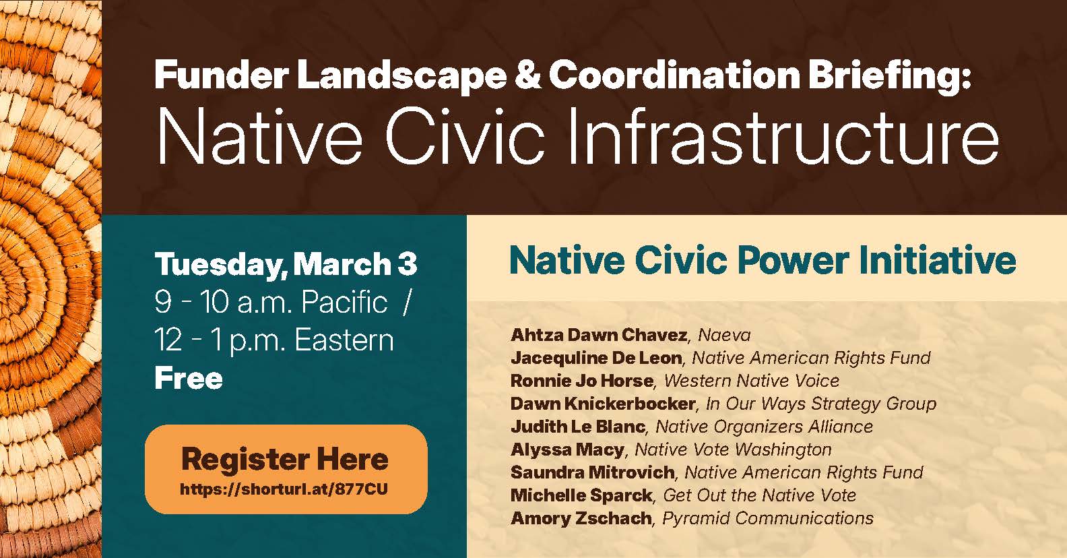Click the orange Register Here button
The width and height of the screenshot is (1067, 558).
click(x=286, y=469)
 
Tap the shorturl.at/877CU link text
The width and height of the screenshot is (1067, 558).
click(x=284, y=489)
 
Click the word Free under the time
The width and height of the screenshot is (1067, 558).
click(x=189, y=379)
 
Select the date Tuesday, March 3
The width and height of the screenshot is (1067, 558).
click(x=286, y=264)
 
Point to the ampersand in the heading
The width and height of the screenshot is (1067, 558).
click(x=527, y=76)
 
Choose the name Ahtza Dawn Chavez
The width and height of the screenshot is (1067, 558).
click(x=599, y=335)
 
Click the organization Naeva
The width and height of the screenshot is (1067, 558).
click(x=724, y=335)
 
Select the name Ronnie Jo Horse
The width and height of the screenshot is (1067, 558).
click(x=581, y=381)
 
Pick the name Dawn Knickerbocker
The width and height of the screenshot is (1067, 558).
click(x=603, y=404)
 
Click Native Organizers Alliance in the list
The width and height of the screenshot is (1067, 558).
click(x=764, y=427)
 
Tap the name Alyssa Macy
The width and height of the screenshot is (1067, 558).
click(x=568, y=449)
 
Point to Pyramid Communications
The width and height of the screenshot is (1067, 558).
click(x=767, y=518)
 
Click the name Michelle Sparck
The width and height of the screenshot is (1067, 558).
click(x=581, y=495)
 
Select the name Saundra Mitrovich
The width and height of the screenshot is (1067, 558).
click(x=592, y=472)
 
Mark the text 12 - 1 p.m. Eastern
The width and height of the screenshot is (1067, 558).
click(x=274, y=340)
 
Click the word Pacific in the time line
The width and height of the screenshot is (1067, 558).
click(x=344, y=303)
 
